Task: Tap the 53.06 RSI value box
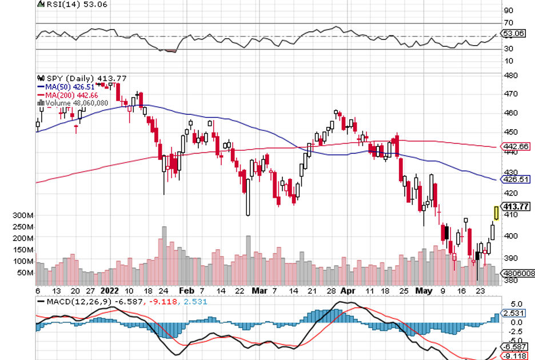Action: tap(514, 34)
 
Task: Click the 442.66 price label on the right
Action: tap(514, 147)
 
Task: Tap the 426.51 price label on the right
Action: tap(514, 179)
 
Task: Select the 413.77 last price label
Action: tap(514, 206)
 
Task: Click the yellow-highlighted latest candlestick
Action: tap(496, 213)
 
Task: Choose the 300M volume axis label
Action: tap(22, 215)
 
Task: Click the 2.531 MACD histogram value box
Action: tap(514, 313)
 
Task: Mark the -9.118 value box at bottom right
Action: tap(514, 355)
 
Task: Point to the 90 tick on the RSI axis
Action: tap(509, 10)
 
